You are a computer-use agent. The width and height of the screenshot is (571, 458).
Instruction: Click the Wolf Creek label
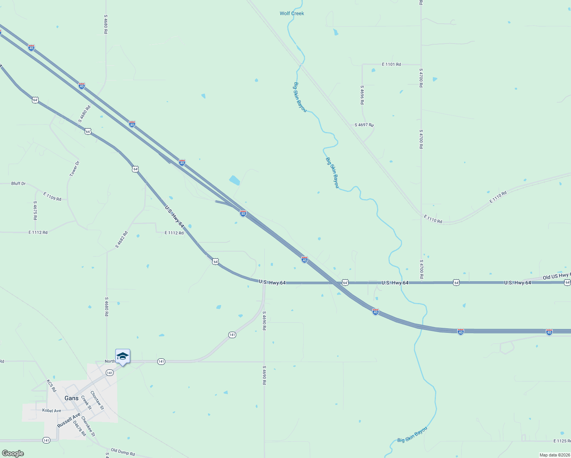[292, 13]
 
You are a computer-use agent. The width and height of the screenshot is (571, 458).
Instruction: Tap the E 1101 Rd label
[391, 65]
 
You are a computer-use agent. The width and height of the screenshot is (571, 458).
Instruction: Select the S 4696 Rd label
[362, 95]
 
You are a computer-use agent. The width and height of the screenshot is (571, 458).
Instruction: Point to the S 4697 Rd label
[364, 125]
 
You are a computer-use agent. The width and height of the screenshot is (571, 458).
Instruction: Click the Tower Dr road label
[74, 168]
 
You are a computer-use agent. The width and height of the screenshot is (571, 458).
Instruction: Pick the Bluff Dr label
[18, 184]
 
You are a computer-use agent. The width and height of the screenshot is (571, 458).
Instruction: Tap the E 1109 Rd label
[52, 197]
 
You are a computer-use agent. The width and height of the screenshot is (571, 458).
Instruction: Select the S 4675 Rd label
[35, 210]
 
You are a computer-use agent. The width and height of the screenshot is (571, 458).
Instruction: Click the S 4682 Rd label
[122, 240]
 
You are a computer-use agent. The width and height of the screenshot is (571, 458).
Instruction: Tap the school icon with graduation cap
[123, 356]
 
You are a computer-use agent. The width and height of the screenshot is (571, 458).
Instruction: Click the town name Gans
[71, 398]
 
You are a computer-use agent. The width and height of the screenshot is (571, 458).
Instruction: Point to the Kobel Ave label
[52, 411]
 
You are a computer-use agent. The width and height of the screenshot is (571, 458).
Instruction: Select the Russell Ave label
[69, 420]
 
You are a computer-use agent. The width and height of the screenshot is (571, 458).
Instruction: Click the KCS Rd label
[51, 385]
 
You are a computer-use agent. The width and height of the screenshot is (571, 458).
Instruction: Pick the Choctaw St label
[97, 400]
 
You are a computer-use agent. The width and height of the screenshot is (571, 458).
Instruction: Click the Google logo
[13, 453]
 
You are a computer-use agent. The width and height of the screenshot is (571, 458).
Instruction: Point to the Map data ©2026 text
[554, 455]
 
